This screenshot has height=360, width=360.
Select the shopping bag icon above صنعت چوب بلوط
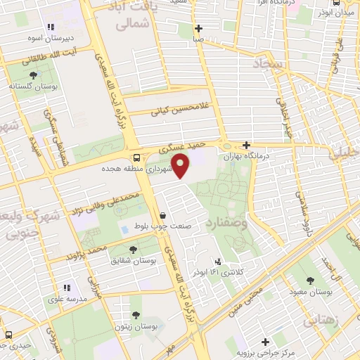[x=163, y=215]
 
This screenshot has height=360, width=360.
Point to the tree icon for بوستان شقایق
[x=133, y=249]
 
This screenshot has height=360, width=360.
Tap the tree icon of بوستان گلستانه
[x=33, y=75]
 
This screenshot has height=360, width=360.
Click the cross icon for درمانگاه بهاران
[x=246, y=145]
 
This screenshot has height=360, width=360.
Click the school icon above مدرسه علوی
[x=67, y=288]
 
